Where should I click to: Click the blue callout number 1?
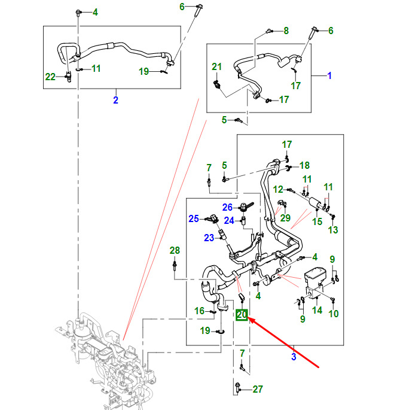coord(329,76)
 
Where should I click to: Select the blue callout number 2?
coord(115,99)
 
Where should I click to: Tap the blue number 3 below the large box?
coord(294,357)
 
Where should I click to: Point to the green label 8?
coord(286,31)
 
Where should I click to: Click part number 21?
coord(216,66)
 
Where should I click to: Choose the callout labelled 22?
coord(51,76)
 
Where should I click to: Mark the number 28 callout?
coord(175,250)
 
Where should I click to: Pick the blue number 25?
coord(194,219)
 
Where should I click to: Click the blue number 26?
coord(227,207)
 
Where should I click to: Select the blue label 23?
coord(209,238)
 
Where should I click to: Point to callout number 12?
coord(279,189)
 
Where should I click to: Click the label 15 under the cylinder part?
coord(317,221)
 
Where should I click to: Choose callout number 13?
coord(333,230)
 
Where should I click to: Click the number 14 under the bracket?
coord(317,310)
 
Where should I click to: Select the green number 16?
coord(200,310)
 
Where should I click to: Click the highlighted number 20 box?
coord(242,315)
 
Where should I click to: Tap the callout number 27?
coord(258,389)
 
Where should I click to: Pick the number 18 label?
coord(304,166)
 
